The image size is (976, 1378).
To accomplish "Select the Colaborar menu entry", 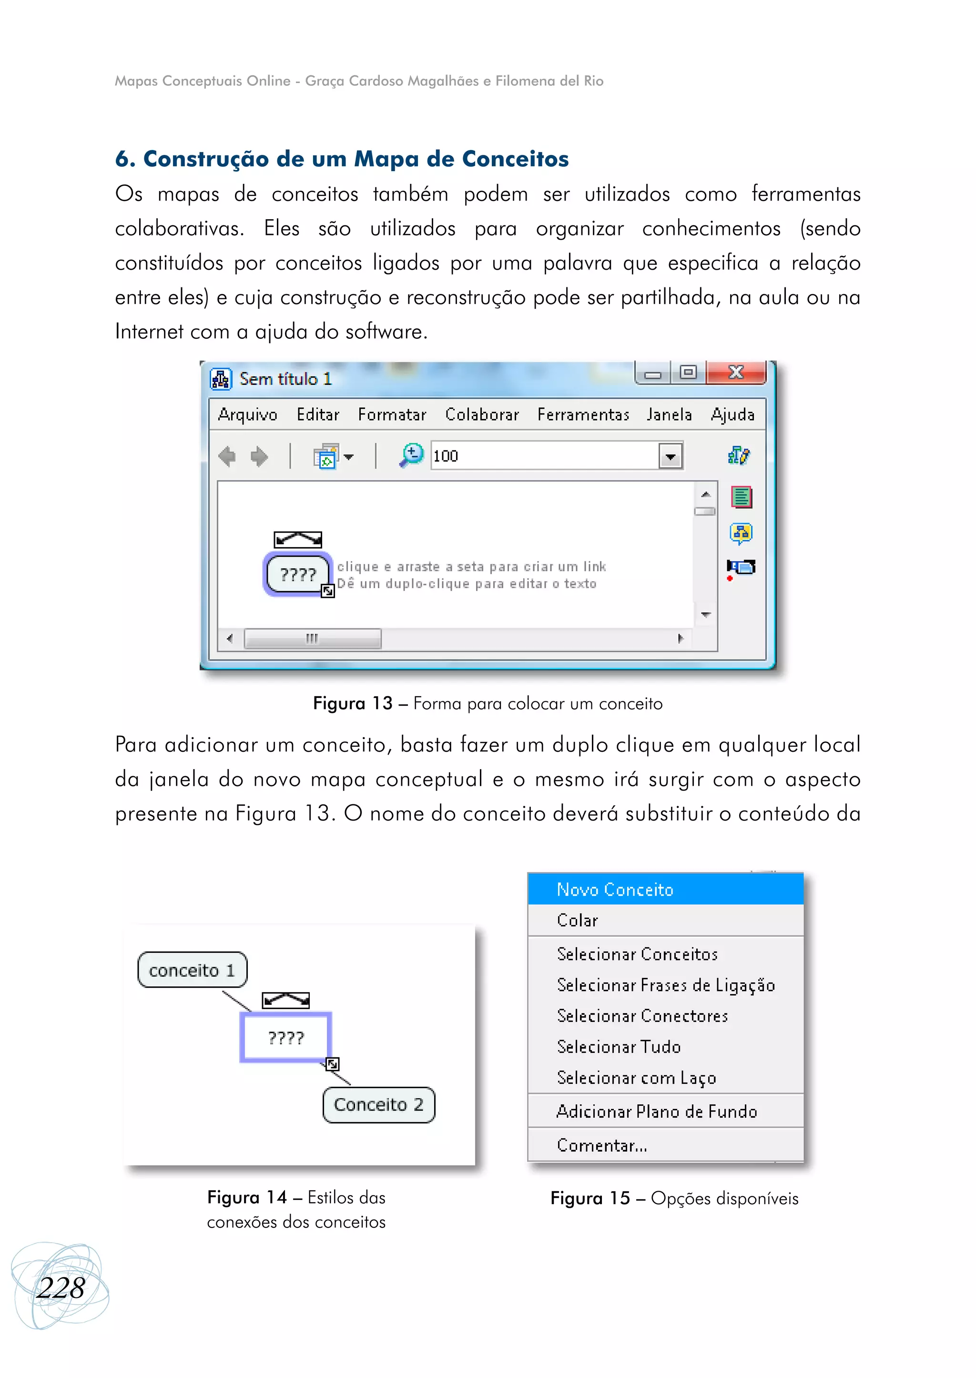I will tap(482, 415).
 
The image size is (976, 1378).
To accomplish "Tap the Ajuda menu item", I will tap(732, 415).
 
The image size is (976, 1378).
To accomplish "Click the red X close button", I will tap(736, 373).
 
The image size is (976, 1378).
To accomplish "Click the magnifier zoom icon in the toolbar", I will tap(412, 456).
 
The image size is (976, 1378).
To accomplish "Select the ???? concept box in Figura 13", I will tap(298, 575).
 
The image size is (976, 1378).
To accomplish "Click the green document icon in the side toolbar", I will tap(742, 497).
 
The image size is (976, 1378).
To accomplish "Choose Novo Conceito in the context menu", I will tap(615, 890).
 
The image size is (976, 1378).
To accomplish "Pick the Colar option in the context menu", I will tap(578, 921).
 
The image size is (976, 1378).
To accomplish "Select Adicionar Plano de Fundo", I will tap(656, 1112).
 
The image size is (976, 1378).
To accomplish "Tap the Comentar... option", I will tap(601, 1145).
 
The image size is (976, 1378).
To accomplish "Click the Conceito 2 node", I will tap(378, 1104).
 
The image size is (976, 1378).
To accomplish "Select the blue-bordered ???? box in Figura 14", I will tap(286, 1038).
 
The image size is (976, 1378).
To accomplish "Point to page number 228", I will tap(60, 1288).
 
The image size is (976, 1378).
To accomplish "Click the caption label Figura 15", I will tap(590, 1198).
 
